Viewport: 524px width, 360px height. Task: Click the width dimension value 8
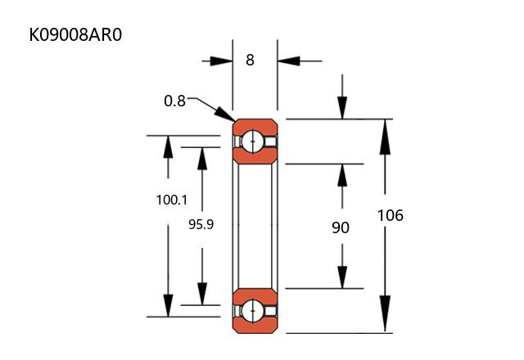click(250, 60)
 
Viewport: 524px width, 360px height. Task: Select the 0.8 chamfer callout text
click(174, 101)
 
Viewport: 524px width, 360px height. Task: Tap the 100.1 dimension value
click(172, 200)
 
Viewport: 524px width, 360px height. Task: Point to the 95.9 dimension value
click(201, 223)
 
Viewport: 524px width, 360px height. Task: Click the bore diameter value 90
click(341, 227)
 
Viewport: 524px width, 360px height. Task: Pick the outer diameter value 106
click(390, 216)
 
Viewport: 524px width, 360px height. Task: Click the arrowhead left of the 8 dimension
click(222, 61)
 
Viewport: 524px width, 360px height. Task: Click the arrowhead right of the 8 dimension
click(287, 61)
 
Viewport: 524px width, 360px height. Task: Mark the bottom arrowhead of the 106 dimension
click(382, 322)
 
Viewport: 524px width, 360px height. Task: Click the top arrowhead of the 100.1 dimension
click(169, 146)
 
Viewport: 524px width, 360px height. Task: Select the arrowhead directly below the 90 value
click(342, 277)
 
